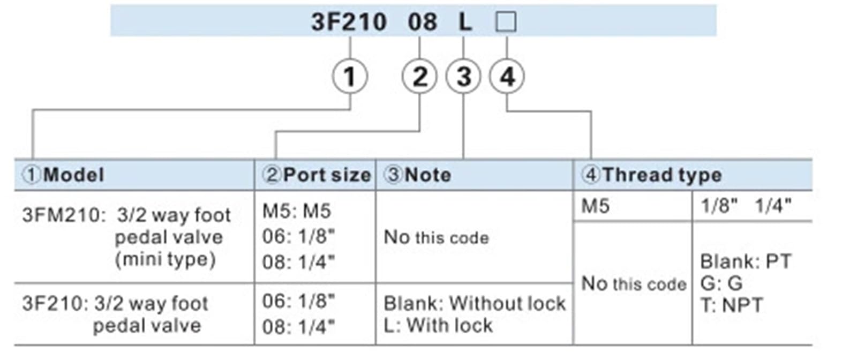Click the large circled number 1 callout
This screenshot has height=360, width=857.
(x=350, y=77)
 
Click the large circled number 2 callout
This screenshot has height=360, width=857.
(x=419, y=77)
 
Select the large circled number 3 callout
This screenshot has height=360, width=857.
(x=463, y=77)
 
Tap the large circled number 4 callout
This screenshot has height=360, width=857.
(x=507, y=77)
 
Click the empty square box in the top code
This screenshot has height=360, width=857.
(x=506, y=21)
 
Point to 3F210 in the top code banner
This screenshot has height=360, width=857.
(x=349, y=22)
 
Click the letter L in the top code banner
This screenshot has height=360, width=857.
(x=465, y=22)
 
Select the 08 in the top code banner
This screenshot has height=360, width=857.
(x=423, y=22)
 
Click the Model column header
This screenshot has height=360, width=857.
(x=63, y=175)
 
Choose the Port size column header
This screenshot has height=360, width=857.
(x=317, y=175)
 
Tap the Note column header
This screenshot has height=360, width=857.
(x=417, y=175)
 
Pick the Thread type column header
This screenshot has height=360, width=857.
(x=651, y=175)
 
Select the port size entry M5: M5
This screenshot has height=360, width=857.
(x=297, y=211)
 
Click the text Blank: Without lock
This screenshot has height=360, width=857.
(x=475, y=304)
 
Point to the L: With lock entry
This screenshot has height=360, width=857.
(x=438, y=326)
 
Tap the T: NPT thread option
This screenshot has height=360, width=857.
(x=732, y=305)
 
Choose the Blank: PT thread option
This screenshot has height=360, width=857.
(x=746, y=261)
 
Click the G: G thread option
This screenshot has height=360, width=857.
(x=721, y=283)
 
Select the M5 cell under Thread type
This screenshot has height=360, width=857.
(x=595, y=207)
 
